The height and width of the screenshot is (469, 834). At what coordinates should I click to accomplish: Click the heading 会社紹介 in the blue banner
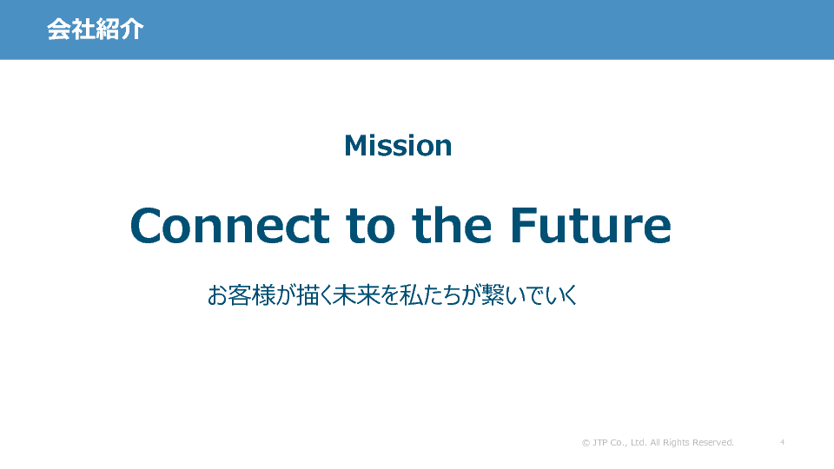(96, 30)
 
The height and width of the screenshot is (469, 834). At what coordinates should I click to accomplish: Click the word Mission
(398, 146)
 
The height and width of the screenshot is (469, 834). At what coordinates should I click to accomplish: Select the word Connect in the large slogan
(229, 226)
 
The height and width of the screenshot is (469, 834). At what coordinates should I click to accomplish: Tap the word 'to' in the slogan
(371, 227)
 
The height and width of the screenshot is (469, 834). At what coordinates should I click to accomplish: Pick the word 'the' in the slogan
(452, 226)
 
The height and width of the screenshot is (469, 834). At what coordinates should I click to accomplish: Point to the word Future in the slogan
(591, 226)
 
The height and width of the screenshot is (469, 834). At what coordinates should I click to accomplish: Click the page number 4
(783, 442)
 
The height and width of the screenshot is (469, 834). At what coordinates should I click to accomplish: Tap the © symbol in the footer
(586, 442)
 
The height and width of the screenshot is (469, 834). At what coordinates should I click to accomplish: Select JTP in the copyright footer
(600, 442)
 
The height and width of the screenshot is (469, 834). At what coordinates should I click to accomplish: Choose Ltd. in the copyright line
(639, 442)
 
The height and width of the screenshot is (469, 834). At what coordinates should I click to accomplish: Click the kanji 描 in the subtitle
(308, 295)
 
